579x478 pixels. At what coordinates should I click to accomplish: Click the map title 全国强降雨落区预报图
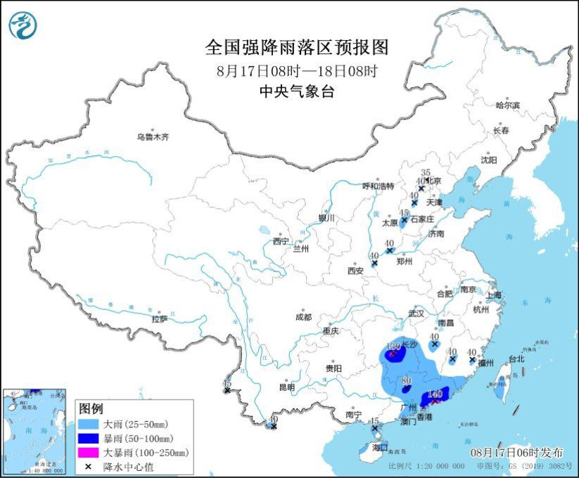296,47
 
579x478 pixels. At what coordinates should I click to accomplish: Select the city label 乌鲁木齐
153,137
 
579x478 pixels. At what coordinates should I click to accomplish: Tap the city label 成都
303,317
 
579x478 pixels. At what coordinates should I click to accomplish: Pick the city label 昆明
286,387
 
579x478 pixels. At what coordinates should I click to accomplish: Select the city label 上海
492,295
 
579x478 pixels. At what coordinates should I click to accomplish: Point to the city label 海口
379,447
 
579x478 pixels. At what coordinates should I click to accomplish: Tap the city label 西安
355,271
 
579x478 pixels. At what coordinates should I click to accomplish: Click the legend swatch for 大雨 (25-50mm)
89,425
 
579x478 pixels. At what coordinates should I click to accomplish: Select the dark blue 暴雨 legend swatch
89,439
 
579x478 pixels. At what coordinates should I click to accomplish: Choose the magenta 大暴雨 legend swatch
89,453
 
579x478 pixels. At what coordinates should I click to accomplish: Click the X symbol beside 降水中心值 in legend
89,466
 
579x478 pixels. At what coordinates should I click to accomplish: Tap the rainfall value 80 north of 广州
405,382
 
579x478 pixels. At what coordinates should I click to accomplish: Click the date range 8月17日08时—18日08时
296,71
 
